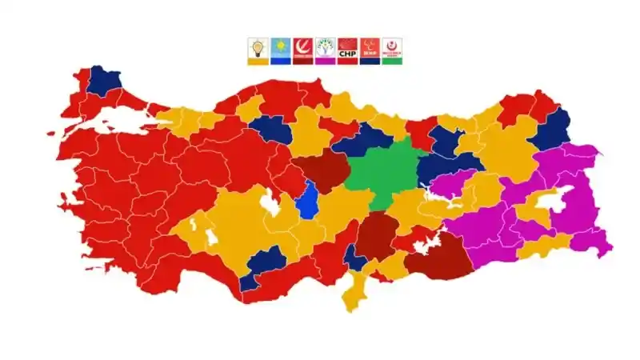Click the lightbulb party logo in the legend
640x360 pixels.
(258, 48)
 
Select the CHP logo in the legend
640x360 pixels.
(347, 48)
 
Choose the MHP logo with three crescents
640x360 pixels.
(370, 48)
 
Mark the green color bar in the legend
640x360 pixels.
(392, 62)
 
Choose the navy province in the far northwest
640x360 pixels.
(102, 80)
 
